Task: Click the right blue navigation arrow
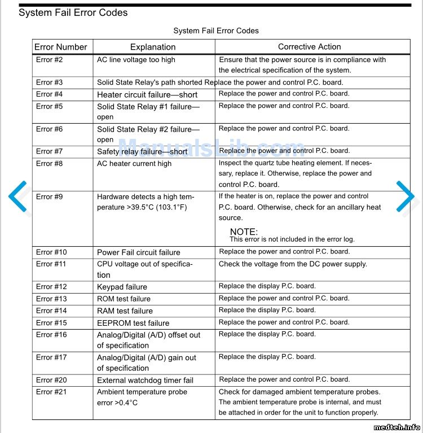(405, 196)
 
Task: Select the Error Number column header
(61, 47)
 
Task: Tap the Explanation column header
(153, 47)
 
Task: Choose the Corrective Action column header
(309, 47)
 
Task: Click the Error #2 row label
(50, 60)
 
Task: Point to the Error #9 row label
(50, 197)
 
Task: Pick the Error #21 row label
(51, 392)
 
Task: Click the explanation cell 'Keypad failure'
(122, 287)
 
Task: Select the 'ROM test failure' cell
(124, 299)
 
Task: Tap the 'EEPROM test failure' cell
(133, 323)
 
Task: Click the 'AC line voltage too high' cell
(136, 60)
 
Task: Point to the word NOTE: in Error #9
(244, 231)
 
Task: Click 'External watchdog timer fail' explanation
(145, 380)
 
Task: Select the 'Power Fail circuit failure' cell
(139, 252)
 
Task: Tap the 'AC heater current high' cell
(134, 164)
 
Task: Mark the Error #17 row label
(51, 357)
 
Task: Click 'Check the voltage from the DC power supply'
(293, 264)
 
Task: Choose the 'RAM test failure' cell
(125, 310)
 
